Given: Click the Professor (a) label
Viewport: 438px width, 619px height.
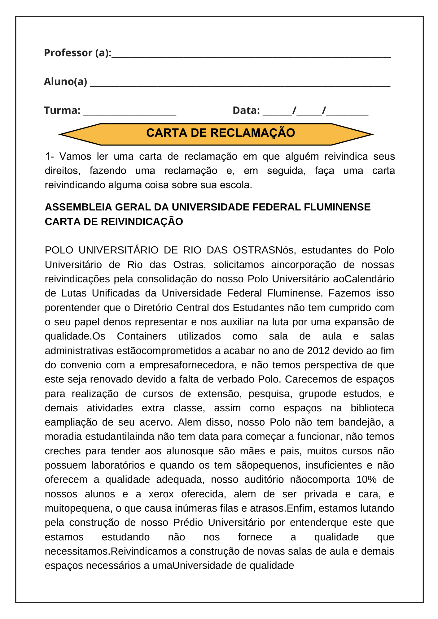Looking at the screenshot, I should pyautogui.click(x=77, y=53).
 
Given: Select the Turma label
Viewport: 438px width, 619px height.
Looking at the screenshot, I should pyautogui.click(x=62, y=110).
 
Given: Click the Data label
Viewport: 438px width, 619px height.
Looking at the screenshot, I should pyautogui.click(x=246, y=110).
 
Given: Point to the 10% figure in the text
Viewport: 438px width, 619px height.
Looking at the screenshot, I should pyautogui.click(x=366, y=479).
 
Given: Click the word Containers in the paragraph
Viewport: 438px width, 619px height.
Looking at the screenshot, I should pyautogui.click(x=142, y=336).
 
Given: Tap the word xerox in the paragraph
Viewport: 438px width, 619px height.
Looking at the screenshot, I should pyautogui.click(x=161, y=494).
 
